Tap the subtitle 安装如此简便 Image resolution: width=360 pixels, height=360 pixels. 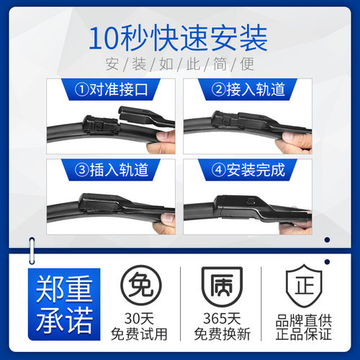179,64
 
